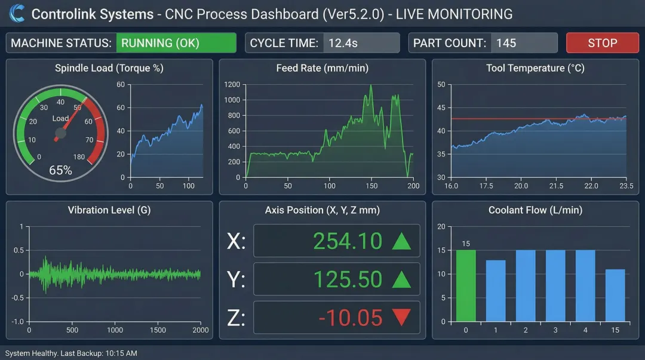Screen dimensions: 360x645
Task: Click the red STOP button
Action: point(602,43)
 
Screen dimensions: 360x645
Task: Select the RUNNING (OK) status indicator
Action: point(176,43)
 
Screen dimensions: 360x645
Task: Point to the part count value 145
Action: point(506,43)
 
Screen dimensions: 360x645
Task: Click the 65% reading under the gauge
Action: point(60,170)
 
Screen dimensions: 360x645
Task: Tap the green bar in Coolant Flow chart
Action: point(466,285)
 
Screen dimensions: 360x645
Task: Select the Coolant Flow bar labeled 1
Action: point(496,291)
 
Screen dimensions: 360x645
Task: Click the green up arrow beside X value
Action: point(401,241)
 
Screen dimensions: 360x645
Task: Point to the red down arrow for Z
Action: point(401,318)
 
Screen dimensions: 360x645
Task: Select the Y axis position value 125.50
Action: point(348,279)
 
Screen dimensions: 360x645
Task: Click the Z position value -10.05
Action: point(350,318)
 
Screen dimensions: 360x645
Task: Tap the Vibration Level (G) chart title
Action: point(109,210)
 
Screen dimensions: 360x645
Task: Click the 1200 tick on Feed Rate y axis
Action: point(232,85)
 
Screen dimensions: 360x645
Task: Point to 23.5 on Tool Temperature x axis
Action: point(626,186)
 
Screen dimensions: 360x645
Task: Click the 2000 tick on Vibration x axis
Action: point(201,330)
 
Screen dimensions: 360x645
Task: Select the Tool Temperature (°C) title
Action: point(535,68)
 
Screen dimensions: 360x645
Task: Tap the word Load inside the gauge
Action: point(60,118)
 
